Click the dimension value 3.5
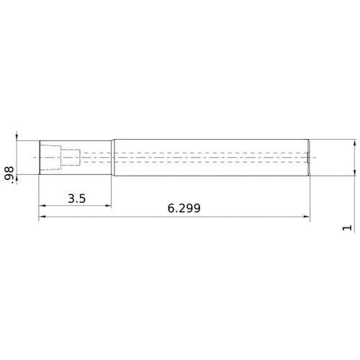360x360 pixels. coord(77,199)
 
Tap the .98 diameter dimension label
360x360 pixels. coord(9,174)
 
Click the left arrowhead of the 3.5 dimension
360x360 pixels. coord(42,207)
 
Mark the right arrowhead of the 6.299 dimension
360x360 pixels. coord(306,216)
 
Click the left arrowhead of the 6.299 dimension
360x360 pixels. coord(42,216)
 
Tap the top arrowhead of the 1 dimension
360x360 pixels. coord(355,143)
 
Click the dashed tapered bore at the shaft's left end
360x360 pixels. coord(50,156)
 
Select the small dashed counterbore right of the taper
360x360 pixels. coord(69,156)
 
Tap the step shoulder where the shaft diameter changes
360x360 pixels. coord(112,156)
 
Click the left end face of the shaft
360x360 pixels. coord(39,156)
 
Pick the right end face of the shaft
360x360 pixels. coord(310,156)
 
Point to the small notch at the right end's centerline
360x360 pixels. coord(308,156)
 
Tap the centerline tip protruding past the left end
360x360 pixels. coord(33,156)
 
